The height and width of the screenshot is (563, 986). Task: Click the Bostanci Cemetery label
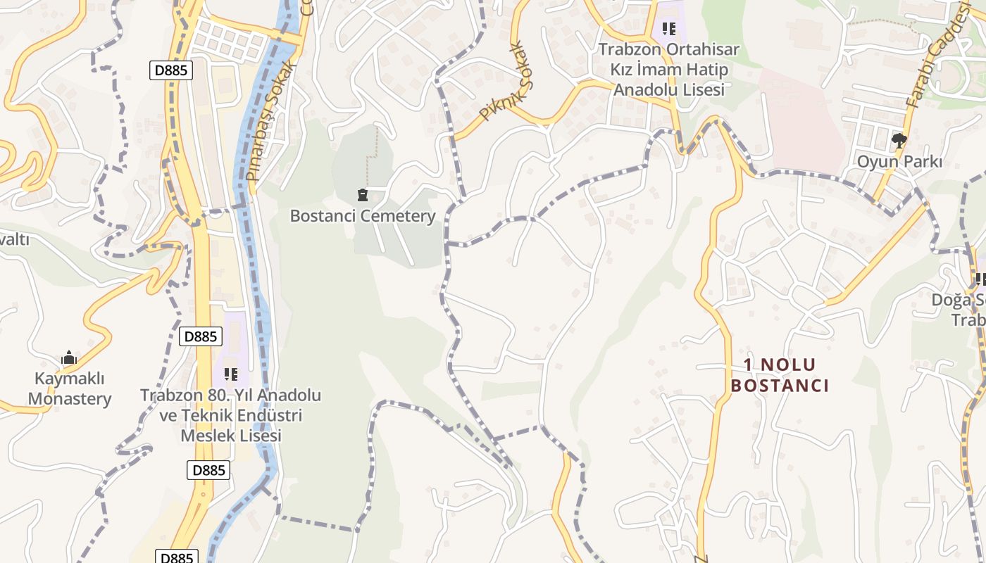(363, 216)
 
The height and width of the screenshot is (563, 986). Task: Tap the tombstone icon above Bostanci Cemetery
(363, 195)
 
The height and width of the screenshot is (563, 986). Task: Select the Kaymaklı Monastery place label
(70, 388)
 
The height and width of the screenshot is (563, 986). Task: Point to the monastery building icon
(69, 358)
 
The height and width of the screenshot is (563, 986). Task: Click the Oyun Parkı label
(899, 161)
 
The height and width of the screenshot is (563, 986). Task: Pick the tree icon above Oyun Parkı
(899, 141)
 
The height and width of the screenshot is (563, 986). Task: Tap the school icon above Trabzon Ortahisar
(668, 29)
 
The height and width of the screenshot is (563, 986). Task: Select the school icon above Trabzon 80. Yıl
(230, 374)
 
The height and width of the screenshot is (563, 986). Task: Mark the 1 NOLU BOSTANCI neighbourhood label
(780, 375)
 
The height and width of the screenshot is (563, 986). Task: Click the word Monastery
(70, 399)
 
